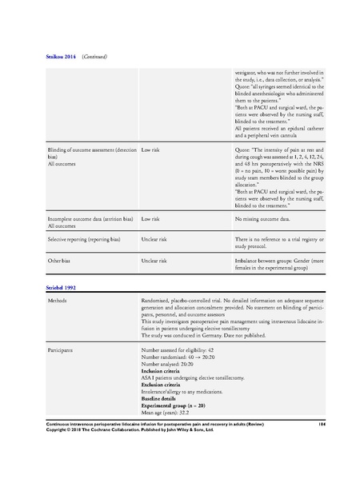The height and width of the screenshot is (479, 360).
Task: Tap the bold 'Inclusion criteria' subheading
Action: [x=165, y=370]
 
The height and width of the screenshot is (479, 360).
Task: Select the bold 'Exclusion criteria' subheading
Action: [x=165, y=384]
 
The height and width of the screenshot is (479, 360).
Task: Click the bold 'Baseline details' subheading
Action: [x=162, y=397]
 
